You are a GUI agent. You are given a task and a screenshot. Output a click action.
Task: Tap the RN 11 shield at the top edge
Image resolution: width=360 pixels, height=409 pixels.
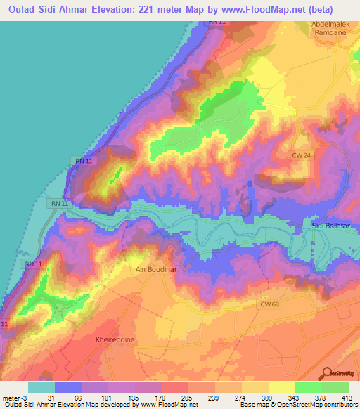(217, 22)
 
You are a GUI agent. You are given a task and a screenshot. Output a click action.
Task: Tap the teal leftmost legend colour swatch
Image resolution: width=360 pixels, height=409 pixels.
(41, 387)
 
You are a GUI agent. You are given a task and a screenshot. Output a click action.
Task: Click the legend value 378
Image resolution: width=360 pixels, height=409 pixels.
(321, 398)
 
